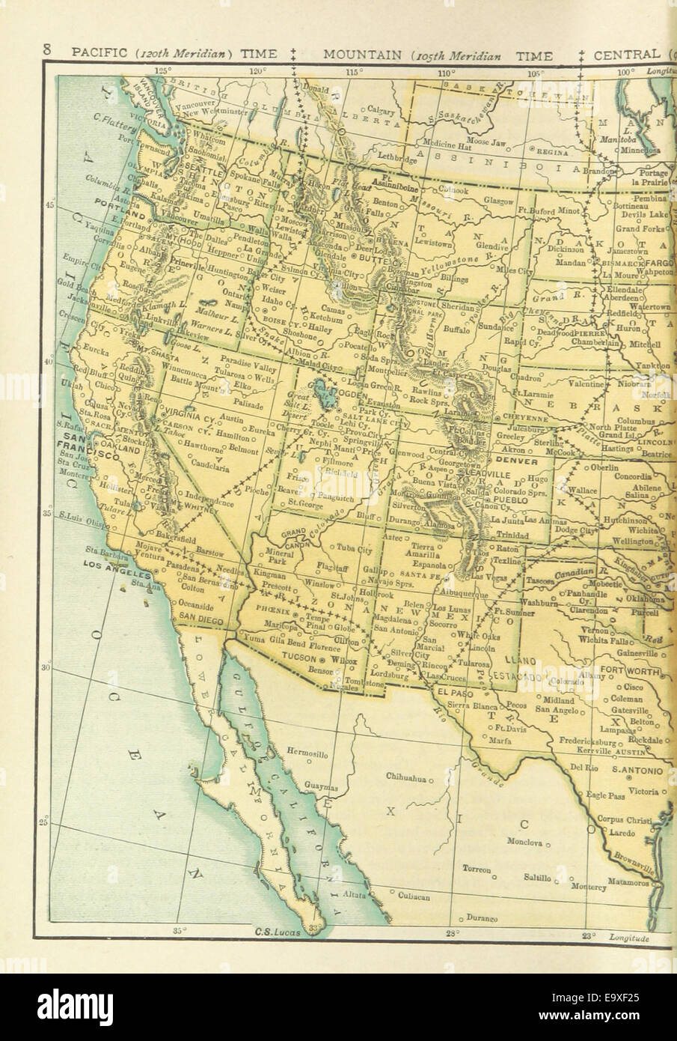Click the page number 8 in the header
tap(46, 52)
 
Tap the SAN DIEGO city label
tap(200, 617)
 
